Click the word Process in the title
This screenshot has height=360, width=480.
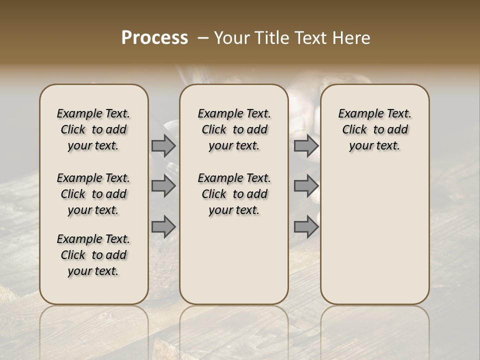point(154,38)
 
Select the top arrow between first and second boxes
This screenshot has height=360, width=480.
point(163,146)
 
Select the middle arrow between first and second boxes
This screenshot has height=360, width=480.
point(163,186)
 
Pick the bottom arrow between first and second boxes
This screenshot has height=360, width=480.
point(163,226)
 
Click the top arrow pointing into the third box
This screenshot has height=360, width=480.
point(306,146)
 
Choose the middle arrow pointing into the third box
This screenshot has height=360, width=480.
point(306,186)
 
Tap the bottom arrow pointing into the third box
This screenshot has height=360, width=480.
point(306,226)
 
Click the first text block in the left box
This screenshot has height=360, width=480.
point(93,129)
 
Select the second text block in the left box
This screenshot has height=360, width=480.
point(93,194)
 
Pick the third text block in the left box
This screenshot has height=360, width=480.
point(93,255)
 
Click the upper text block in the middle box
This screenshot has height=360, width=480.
point(234,129)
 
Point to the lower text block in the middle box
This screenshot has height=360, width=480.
point(234,194)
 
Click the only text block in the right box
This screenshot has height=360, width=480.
point(374,129)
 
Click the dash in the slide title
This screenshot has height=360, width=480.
point(202,38)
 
